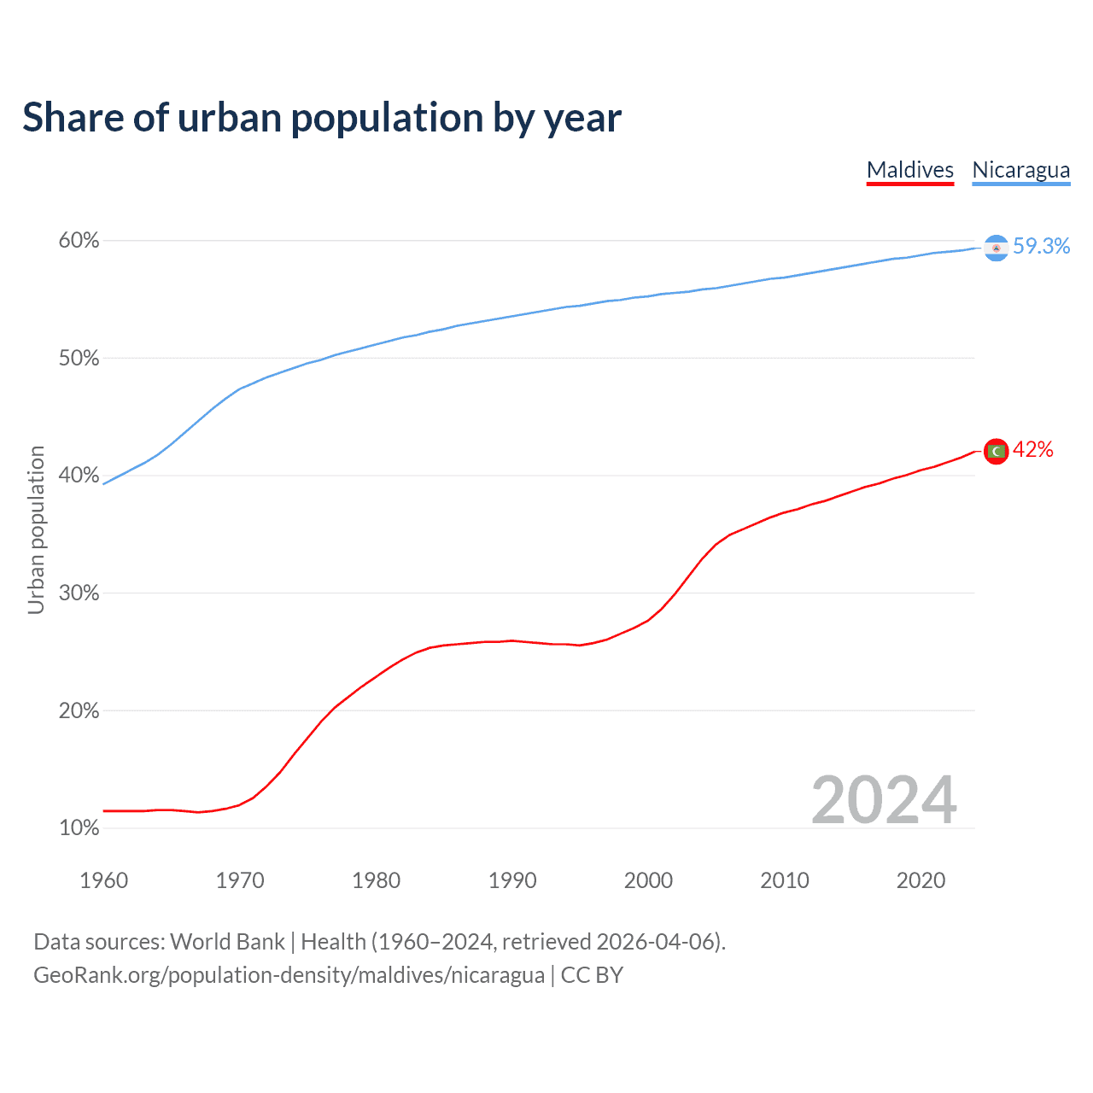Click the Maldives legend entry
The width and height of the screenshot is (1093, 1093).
909,170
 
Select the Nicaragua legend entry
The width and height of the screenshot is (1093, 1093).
1020,170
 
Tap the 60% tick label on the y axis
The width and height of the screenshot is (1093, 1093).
79,241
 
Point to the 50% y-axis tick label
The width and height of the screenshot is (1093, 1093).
79,359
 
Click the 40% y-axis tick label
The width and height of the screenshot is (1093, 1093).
79,476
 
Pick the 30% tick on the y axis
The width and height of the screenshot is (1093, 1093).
79,593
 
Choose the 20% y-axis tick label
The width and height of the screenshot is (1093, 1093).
79,710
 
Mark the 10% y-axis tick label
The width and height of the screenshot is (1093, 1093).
79,828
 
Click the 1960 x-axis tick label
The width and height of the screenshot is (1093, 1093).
103,880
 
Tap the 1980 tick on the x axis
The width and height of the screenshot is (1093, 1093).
376,880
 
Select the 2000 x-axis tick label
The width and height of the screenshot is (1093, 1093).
648,880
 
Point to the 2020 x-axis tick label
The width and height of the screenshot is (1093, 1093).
921,880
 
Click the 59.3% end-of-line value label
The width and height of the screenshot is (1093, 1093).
1041,247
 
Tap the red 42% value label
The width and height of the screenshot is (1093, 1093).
1033,450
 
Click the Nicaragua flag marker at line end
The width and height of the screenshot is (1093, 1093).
996,248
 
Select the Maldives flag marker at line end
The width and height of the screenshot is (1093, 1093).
996,451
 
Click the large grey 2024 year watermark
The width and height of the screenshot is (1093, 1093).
884,800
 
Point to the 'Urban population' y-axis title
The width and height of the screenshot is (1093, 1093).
36,529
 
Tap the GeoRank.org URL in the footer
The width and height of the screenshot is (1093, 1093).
289,975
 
